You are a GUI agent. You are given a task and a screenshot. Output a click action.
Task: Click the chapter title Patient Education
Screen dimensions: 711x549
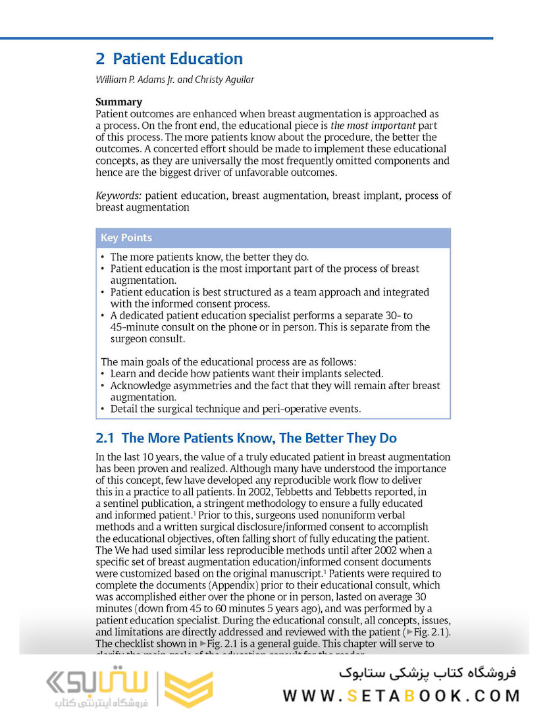178,59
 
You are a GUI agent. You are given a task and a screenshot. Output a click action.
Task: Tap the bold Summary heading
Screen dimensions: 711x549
118,102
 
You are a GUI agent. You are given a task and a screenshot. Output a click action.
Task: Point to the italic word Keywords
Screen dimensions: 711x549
118,196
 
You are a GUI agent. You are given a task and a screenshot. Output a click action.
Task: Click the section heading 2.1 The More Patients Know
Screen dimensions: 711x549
246,438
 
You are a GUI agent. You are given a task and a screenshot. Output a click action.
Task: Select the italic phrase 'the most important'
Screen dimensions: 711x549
373,125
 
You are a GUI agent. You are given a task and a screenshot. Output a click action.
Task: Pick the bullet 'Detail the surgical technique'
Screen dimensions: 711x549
235,409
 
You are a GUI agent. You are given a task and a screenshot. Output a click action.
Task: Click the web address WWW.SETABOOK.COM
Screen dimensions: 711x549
402,696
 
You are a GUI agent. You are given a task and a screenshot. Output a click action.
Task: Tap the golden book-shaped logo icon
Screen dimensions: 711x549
188,689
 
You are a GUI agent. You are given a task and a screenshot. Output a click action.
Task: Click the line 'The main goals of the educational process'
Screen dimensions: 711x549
228,361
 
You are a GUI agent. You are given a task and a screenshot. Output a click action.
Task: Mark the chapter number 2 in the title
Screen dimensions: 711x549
100,59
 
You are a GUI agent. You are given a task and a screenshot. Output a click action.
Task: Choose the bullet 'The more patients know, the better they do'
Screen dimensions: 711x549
209,257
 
